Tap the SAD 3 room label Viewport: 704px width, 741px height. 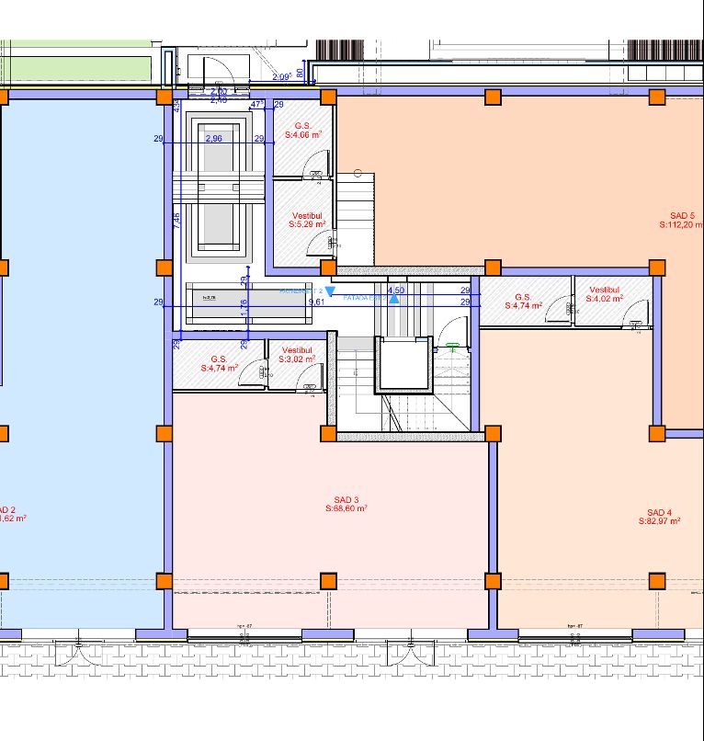(x=346, y=503)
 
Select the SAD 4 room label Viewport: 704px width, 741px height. (x=659, y=517)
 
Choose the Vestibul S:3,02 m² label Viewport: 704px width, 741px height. (x=297, y=355)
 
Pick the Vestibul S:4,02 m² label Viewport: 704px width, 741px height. (x=605, y=293)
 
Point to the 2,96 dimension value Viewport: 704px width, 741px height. (x=213, y=138)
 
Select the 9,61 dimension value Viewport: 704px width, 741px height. (x=316, y=302)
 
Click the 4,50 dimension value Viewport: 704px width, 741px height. (x=396, y=290)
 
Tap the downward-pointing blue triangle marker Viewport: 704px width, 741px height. (x=330, y=291)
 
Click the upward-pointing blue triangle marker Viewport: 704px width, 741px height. (x=394, y=299)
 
